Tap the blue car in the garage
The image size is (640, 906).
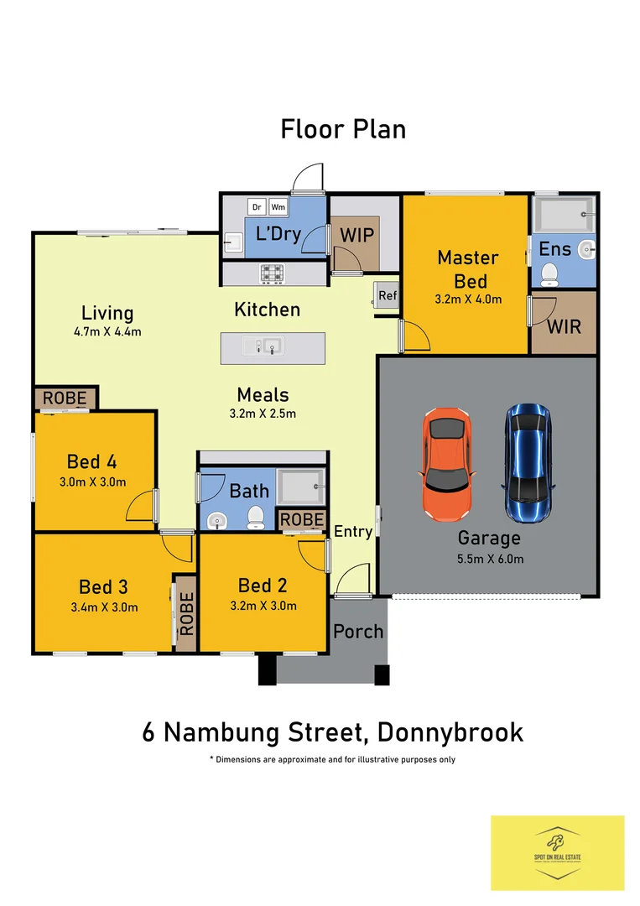(x=528, y=462)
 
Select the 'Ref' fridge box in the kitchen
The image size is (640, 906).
(x=387, y=295)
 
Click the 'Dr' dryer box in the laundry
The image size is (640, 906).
(x=257, y=206)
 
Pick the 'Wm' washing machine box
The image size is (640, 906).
(x=278, y=206)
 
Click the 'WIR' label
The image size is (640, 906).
(x=564, y=325)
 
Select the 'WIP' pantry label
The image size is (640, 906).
(x=356, y=234)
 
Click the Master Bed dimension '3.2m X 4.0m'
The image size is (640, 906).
(x=468, y=299)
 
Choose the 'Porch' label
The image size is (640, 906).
(x=358, y=631)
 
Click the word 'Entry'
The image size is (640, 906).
(x=353, y=531)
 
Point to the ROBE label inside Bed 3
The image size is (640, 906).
(x=185, y=613)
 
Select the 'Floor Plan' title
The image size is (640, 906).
(x=343, y=129)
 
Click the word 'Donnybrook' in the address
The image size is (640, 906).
(x=450, y=732)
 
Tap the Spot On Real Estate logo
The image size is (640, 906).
(x=557, y=851)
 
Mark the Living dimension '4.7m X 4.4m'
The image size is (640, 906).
(x=107, y=331)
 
